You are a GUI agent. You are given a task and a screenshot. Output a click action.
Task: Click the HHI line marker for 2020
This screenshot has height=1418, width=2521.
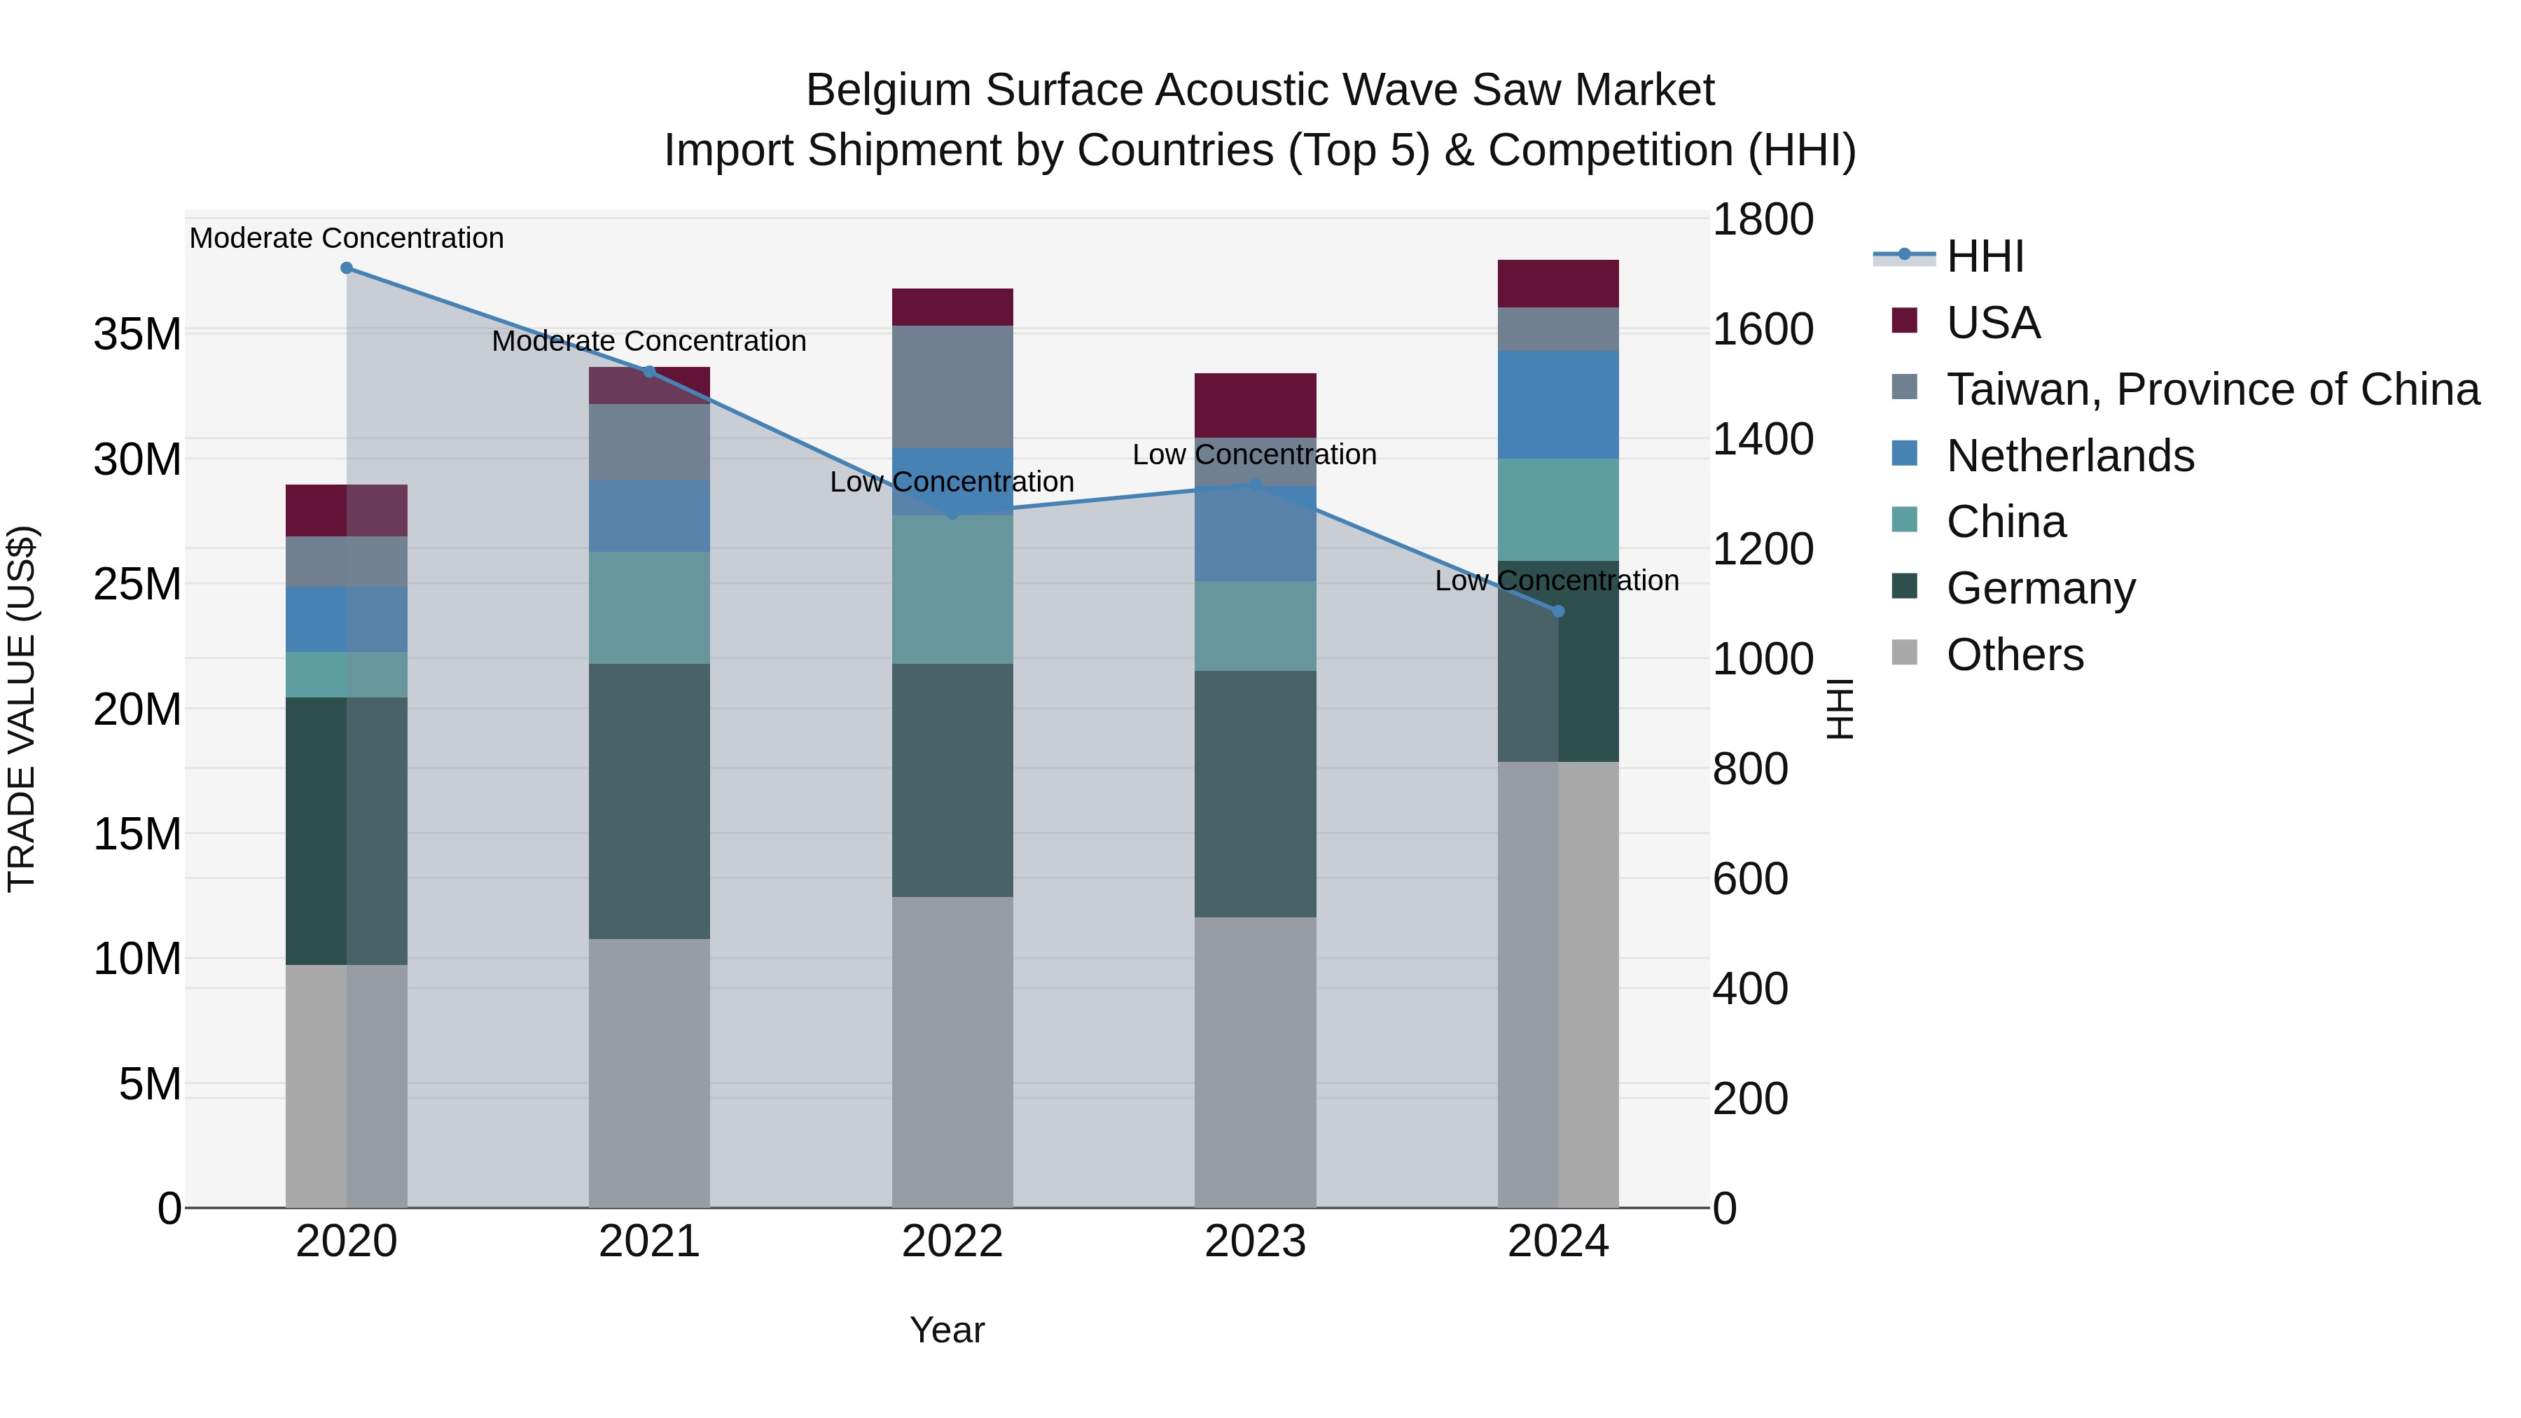pos(347,268)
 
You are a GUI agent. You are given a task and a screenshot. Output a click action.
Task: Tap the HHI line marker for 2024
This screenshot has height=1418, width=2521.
pos(1558,611)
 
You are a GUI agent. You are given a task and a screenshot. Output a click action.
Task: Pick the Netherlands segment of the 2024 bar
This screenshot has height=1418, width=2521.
pos(1558,404)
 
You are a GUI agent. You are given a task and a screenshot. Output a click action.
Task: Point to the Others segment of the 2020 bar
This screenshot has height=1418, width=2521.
pos(347,1086)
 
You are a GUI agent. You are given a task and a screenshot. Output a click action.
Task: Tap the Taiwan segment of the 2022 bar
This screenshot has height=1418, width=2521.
pos(952,387)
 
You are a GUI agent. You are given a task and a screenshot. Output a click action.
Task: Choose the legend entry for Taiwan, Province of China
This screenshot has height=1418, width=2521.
pos(2211,389)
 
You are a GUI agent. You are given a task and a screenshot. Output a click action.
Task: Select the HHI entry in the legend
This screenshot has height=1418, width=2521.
pos(1984,256)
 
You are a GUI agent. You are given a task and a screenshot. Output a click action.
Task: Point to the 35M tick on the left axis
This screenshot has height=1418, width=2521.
pos(137,335)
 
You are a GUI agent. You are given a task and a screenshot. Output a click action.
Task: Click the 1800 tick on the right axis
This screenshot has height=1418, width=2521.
pos(1762,219)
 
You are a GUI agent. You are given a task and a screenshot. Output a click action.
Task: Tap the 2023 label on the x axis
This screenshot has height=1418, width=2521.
pos(1255,1242)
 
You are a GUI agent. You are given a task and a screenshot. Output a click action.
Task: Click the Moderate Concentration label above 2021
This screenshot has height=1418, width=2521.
pos(649,342)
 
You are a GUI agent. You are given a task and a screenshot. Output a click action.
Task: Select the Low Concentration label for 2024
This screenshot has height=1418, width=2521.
pos(1556,581)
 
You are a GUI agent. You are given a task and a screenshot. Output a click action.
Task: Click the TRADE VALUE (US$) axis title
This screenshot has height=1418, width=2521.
pos(22,709)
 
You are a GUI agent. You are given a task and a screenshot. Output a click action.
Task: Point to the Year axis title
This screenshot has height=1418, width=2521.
pos(946,1330)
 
